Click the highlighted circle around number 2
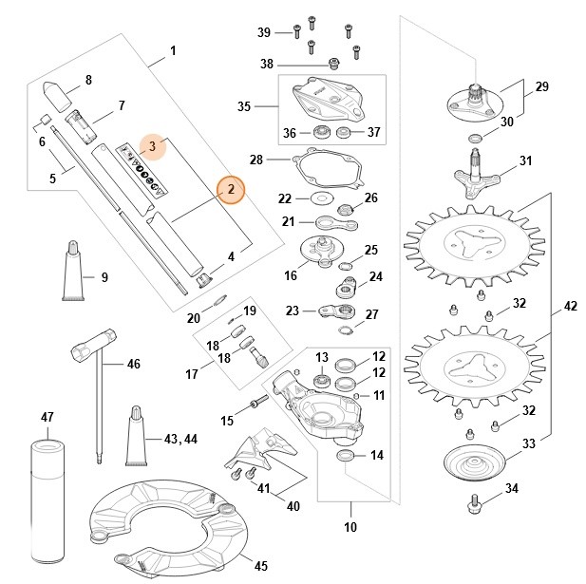(230, 191)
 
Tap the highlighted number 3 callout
(152, 147)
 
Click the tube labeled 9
(72, 273)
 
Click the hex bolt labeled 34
(474, 502)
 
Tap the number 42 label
(570, 307)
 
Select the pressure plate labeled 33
(474, 462)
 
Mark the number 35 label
(244, 106)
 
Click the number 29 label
(542, 86)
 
